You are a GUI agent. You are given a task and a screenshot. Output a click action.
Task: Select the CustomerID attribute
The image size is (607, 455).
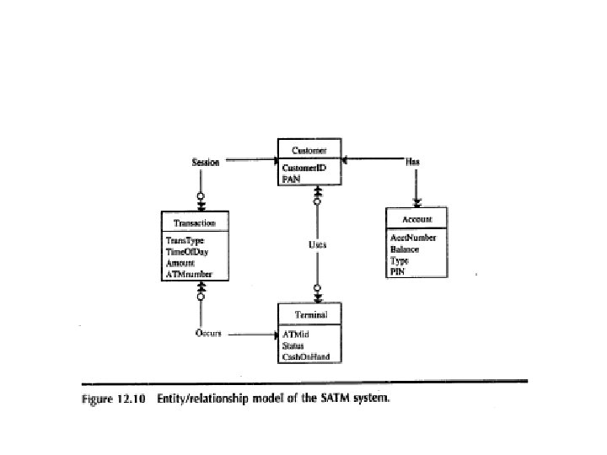coord(304,169)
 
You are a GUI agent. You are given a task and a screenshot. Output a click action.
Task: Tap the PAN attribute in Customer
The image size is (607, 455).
coord(291,179)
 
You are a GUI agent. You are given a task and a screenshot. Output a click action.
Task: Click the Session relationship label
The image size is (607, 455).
coord(206,162)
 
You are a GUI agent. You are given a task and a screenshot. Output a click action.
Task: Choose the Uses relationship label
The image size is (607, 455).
coord(317,244)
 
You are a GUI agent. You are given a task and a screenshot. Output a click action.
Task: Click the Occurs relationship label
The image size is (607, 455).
coord(208,333)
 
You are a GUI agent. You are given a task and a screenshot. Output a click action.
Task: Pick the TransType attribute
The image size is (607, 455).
coord(185,241)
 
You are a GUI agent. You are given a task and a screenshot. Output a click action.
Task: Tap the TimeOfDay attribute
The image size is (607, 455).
coord(187,252)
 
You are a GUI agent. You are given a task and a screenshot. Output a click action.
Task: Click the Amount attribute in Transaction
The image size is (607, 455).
coord(180,263)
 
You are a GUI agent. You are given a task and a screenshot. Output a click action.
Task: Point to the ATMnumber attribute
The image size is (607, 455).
coord(189,274)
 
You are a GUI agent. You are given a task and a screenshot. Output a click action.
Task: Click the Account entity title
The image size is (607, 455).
coord(417,219)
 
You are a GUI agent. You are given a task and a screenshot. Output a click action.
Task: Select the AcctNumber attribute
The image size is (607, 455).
coord(413,238)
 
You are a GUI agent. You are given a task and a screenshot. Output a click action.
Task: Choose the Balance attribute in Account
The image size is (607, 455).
coord(405,249)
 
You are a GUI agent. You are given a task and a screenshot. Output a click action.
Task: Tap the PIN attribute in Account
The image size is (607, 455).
coord(397,271)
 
